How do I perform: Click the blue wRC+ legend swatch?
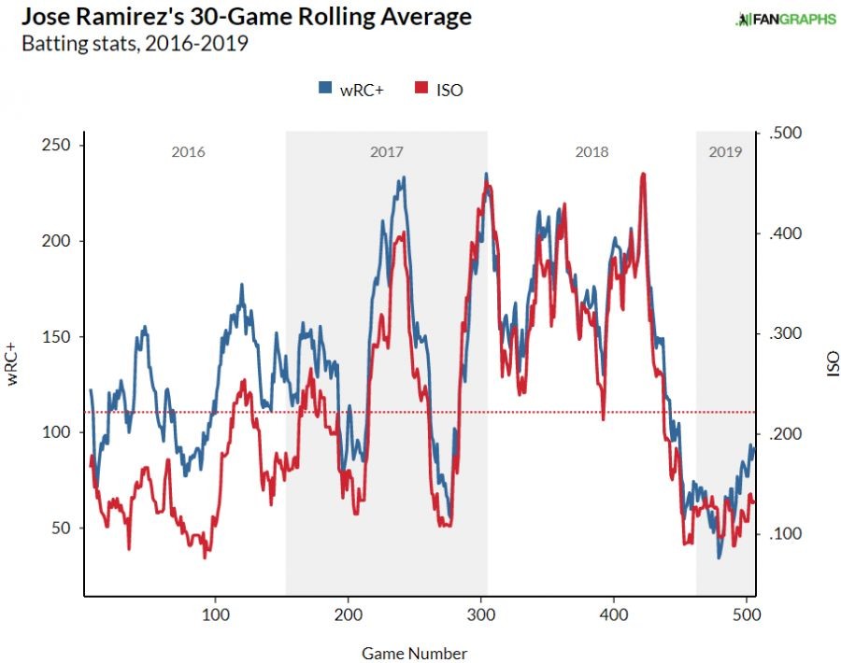pos(326,89)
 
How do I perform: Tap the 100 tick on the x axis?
pos(216,616)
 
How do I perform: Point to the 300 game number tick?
pos(481,616)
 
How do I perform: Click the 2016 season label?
pos(188,151)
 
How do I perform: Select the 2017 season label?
pos(386,151)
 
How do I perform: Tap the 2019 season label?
pos(725,151)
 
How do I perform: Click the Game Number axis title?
pos(414,654)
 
